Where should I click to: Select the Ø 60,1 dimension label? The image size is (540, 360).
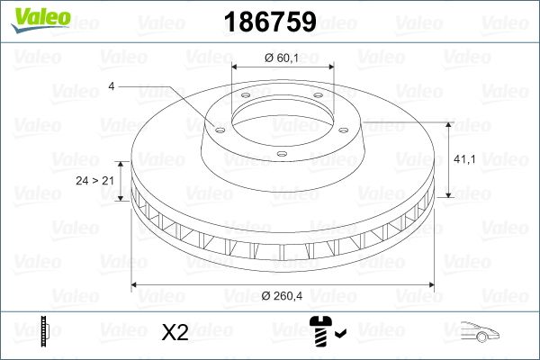click(283, 58)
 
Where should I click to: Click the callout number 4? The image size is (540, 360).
click(111, 86)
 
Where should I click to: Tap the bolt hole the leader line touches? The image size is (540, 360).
click(218, 127)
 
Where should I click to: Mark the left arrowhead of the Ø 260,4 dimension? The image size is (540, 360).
click(136, 286)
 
